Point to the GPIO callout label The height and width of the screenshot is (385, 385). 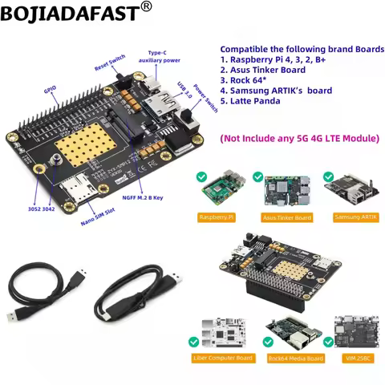(x=50, y=92)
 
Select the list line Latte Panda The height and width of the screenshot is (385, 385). (x=257, y=102)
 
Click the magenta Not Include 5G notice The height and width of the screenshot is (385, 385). (x=299, y=139)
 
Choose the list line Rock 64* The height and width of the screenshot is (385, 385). (x=248, y=80)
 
